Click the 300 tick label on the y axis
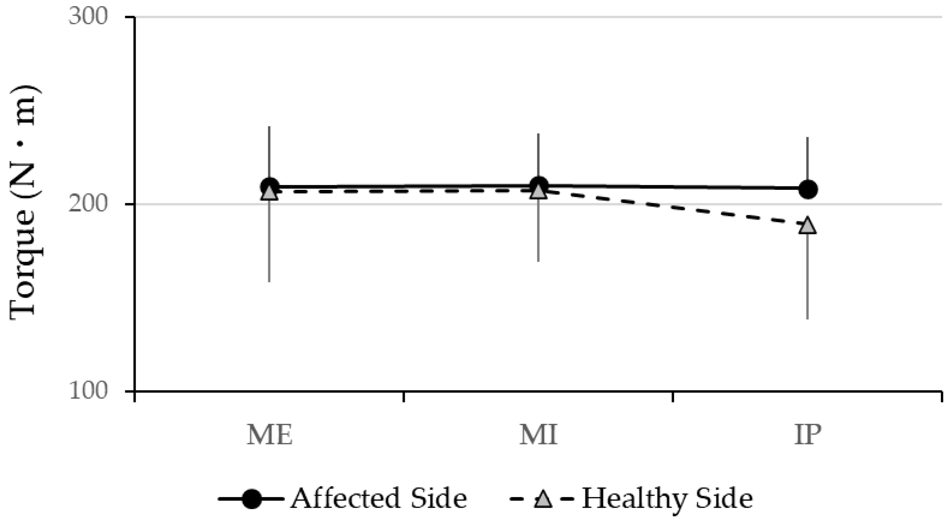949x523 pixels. tap(88, 17)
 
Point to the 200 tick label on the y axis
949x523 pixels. tap(88, 204)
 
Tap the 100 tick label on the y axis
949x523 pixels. tap(88, 391)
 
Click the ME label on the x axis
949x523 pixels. tap(269, 436)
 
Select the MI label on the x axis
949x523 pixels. tap(538, 436)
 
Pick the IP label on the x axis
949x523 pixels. tap(808, 436)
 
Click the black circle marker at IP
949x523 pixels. tap(808, 189)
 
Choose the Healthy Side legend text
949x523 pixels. tap(667, 499)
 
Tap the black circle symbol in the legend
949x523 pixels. tap(251, 499)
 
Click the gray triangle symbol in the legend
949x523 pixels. tap(543, 499)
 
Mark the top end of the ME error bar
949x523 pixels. tap(269, 127)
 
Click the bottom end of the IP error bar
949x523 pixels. tap(808, 318)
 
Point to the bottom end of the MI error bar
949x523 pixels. tap(538, 261)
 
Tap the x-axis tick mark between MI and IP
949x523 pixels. tap(673, 397)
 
